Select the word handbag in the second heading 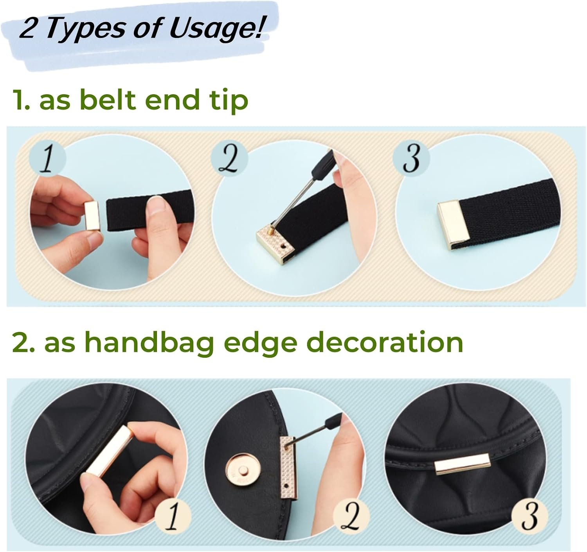(149, 342)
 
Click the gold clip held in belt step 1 (92, 217)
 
